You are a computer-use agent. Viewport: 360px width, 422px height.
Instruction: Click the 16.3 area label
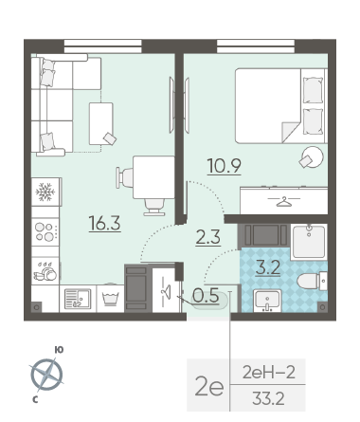point(105,223)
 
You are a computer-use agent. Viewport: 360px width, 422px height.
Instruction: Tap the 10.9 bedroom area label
point(225,166)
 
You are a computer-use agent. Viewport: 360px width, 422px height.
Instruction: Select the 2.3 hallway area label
point(208,237)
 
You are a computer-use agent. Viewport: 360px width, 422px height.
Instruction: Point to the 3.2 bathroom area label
point(268,268)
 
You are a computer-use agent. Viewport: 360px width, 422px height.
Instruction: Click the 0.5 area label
point(206,296)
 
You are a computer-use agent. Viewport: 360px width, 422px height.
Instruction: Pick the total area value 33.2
point(268,398)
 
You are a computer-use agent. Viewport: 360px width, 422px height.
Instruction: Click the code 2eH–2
point(269,372)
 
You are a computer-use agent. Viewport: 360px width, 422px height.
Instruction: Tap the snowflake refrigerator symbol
point(45,192)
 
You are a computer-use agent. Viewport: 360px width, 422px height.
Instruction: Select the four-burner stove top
point(45,232)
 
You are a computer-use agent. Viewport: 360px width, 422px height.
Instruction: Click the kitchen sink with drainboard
point(78,299)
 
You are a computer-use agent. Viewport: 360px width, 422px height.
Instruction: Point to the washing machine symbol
point(110,299)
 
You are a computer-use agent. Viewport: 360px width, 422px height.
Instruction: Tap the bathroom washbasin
point(267,301)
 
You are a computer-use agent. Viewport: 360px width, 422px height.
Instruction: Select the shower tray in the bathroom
point(309,242)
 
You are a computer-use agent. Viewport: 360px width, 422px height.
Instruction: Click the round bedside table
point(313,157)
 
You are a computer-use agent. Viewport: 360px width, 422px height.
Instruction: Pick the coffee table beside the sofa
point(101,123)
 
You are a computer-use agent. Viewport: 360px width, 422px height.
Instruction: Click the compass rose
point(46,375)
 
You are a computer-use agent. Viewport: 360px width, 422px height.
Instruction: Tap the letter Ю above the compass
point(59,350)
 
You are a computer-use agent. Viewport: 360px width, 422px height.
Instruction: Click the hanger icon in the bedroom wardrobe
point(283,201)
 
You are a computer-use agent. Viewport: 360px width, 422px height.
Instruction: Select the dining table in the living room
point(153,177)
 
